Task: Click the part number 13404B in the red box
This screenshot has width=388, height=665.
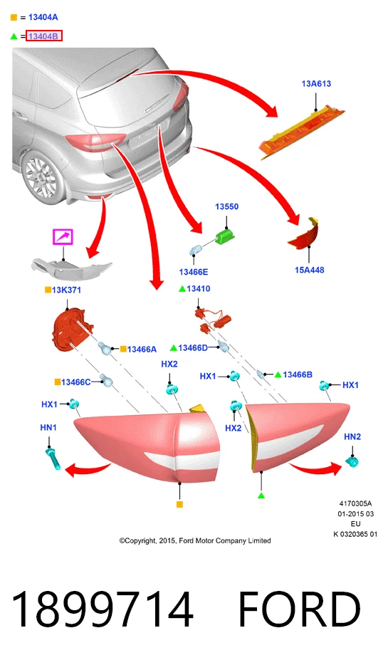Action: tap(43, 36)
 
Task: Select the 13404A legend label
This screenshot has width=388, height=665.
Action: tap(43, 17)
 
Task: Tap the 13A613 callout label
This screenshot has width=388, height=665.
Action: tap(316, 83)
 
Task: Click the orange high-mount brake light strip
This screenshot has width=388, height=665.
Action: tap(302, 131)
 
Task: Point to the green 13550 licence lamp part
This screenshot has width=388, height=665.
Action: tap(225, 236)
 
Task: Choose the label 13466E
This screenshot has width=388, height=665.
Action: tap(194, 272)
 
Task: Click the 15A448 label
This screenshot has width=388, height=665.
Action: tap(310, 270)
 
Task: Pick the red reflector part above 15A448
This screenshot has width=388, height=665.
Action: tap(303, 234)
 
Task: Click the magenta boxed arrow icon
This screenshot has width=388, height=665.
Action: tap(63, 236)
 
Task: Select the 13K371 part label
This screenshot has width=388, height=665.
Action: tap(66, 290)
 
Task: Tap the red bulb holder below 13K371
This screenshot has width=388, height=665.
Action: tap(70, 329)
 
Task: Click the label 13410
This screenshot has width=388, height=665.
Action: tap(199, 289)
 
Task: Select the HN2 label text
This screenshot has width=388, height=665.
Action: tap(352, 436)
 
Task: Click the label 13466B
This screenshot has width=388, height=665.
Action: tap(298, 375)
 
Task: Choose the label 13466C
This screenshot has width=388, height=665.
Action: tap(76, 382)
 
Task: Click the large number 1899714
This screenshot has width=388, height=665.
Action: tap(102, 609)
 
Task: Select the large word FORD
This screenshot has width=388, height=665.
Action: tap(300, 609)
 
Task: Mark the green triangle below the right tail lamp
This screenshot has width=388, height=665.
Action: tap(261, 496)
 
